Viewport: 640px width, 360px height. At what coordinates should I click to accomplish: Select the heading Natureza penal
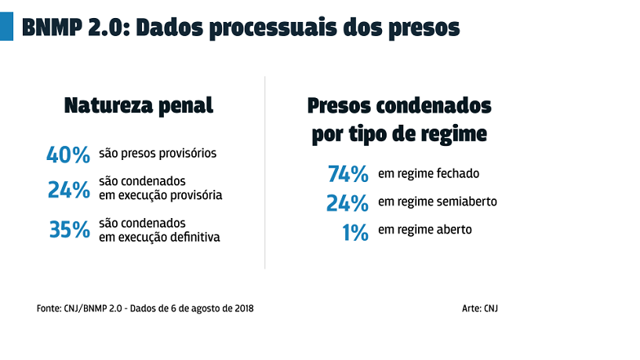click(138, 105)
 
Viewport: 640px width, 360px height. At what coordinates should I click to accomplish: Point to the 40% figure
click(68, 155)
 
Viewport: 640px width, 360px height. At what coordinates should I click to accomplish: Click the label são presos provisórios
click(158, 153)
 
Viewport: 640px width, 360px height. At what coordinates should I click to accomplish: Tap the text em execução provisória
click(161, 195)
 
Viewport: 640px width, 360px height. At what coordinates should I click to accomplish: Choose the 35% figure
click(69, 230)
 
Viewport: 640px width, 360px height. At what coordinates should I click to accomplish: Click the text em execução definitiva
click(159, 236)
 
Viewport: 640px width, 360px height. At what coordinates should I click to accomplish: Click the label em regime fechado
click(428, 173)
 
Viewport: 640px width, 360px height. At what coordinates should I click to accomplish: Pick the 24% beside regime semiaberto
click(347, 203)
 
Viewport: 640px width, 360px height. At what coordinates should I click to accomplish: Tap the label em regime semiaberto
click(438, 202)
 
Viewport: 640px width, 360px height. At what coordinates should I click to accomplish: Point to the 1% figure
click(355, 232)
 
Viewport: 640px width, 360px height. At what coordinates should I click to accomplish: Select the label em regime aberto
click(424, 230)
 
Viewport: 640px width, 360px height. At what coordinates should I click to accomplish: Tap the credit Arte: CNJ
click(480, 308)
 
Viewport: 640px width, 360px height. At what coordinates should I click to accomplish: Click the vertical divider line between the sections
click(265, 173)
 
